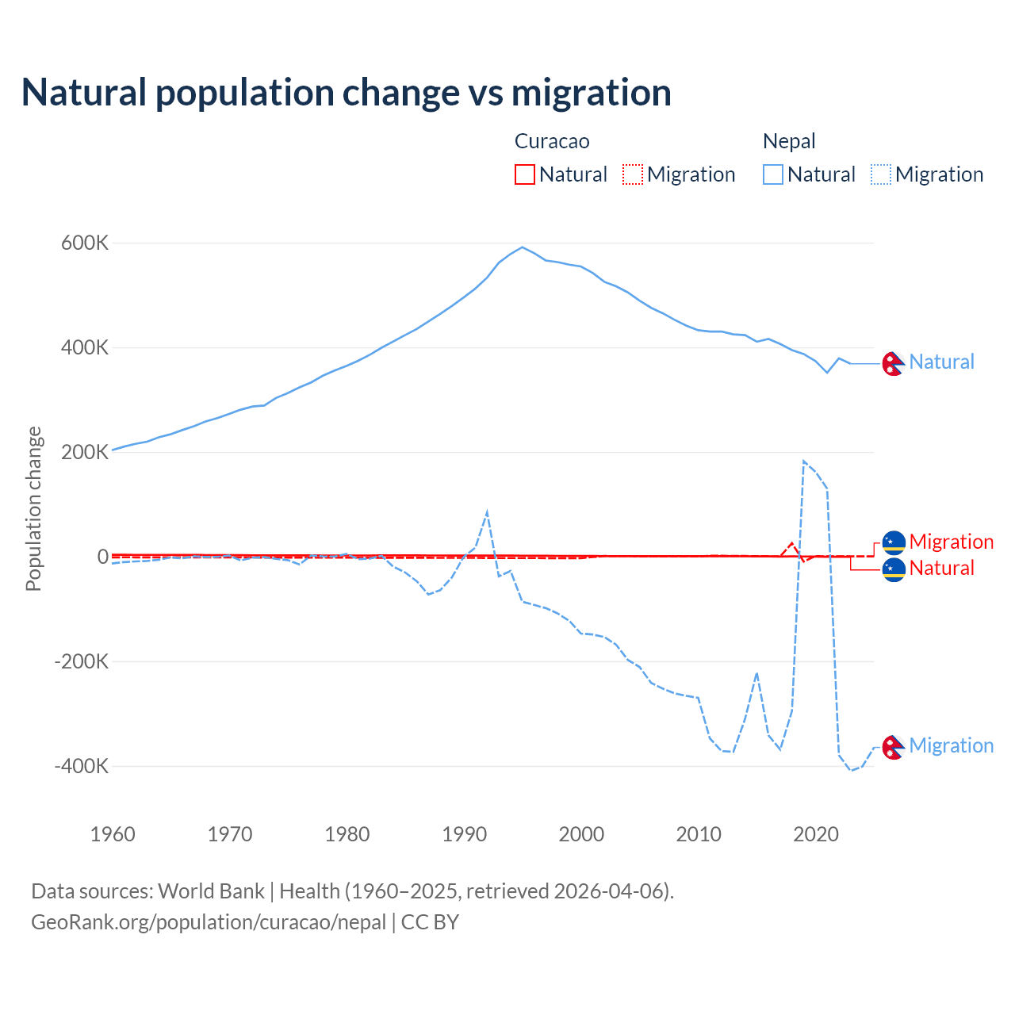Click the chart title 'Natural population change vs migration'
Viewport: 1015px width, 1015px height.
[347, 93]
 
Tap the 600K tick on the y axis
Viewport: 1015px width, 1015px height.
[85, 243]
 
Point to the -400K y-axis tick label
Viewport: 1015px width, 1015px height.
[82, 766]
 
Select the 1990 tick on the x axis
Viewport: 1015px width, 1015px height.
[465, 834]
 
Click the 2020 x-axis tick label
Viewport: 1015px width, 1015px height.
[816, 834]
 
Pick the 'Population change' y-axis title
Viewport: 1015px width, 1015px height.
[33, 508]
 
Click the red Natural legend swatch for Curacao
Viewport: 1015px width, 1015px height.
[525, 174]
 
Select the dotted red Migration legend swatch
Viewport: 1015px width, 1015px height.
[633, 174]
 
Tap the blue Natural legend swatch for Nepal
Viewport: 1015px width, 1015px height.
[773, 174]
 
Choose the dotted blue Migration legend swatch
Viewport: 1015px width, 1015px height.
[881, 174]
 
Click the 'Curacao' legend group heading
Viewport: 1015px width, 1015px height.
[552, 141]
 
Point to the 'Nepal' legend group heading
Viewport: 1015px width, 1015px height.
[789, 141]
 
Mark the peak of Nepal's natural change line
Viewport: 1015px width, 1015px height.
[522, 247]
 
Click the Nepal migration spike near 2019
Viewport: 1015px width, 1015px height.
[804, 461]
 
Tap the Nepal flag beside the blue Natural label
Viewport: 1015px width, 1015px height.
[894, 362]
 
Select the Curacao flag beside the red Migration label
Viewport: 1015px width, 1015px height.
[894, 542]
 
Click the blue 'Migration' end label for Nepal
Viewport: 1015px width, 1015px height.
[951, 745]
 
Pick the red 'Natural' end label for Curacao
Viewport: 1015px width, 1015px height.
[941, 568]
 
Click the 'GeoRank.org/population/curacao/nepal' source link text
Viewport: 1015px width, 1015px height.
[209, 922]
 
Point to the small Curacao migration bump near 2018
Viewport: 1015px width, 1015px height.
[791, 543]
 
